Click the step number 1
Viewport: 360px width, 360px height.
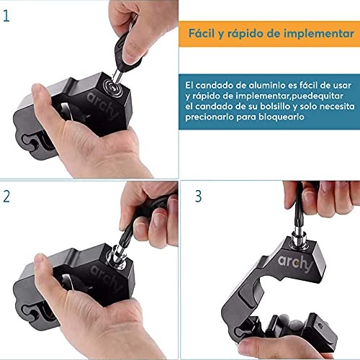coord(6,16)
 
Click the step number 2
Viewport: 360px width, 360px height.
coord(6,197)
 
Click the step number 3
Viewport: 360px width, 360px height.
coord(198,197)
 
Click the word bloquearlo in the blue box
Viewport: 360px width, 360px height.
coord(281,117)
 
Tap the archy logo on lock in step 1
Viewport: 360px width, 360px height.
coord(102,105)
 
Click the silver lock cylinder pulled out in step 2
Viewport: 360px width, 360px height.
coord(117,256)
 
